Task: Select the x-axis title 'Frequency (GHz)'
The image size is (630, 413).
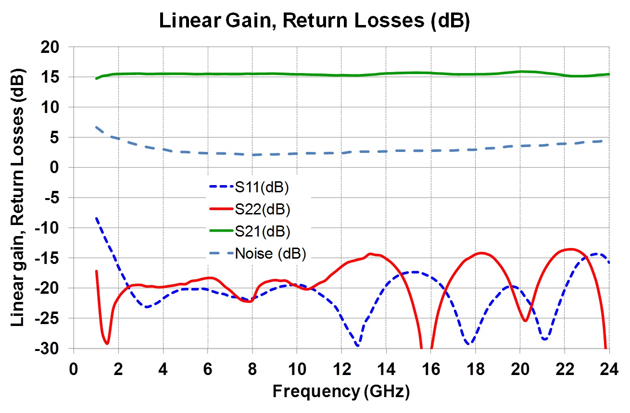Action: [341, 392]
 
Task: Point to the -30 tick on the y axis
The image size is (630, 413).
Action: [53, 348]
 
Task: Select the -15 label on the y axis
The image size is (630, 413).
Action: [53, 258]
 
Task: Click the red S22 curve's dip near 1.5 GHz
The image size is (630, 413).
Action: [107, 343]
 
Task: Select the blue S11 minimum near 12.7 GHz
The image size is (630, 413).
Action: [357, 345]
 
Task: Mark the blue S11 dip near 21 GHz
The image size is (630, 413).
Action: [544, 339]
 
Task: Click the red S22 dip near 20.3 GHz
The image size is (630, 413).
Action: [525, 321]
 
